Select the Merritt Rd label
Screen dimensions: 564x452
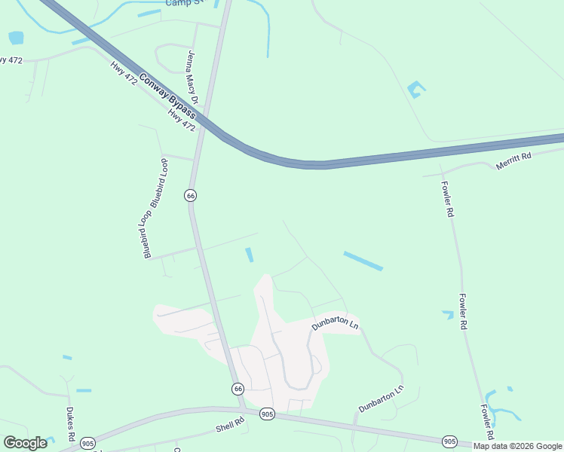click(x=513, y=160)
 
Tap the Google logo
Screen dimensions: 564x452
click(x=25, y=443)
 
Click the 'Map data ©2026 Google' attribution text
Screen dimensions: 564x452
click(x=517, y=446)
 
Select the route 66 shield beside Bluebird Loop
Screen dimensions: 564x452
click(x=190, y=195)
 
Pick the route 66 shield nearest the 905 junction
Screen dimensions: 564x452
click(x=238, y=389)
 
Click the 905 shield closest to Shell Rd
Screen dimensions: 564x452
click(x=267, y=414)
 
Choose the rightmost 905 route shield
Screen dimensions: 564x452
click(x=450, y=441)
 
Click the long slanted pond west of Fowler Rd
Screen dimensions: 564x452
click(x=363, y=261)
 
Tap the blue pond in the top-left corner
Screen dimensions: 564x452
click(x=16, y=38)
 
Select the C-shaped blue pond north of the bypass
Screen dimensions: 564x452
click(x=415, y=90)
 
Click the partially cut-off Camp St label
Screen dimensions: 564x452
click(x=185, y=3)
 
